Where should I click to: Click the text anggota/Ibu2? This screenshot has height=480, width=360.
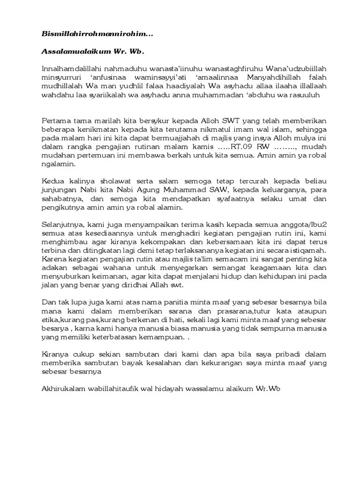coord(302,224)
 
